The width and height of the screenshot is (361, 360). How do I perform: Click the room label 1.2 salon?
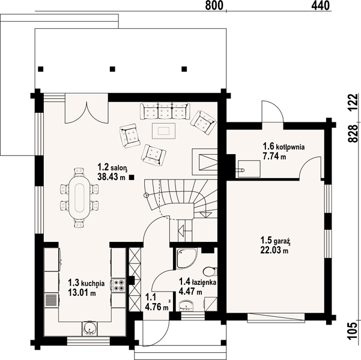(112, 167)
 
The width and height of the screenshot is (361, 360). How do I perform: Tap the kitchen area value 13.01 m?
(82, 293)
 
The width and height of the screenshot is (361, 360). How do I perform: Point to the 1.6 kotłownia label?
(284, 146)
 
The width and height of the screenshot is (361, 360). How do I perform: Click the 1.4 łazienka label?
(198, 281)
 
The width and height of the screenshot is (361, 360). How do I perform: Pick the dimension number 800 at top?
(214, 5)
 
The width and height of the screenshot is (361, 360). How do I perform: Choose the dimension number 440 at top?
(321, 5)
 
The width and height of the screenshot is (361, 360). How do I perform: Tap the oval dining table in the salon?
(79, 197)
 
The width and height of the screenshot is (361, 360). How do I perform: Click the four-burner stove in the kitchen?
(118, 285)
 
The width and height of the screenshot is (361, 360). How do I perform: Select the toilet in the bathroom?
(210, 271)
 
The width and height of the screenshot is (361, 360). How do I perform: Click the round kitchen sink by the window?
(89, 328)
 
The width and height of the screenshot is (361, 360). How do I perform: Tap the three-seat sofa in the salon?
(165, 111)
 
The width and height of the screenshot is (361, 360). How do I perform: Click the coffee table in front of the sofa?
(164, 131)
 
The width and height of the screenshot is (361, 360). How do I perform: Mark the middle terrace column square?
(112, 69)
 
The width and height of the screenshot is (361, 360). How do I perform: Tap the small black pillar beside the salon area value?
(132, 177)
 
